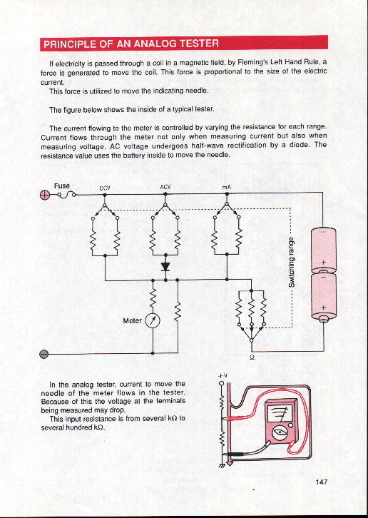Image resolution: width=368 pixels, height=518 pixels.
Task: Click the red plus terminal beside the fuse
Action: point(45,195)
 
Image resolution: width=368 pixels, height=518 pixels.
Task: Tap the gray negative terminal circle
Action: point(44,354)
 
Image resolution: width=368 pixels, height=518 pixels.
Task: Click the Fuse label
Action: point(62,186)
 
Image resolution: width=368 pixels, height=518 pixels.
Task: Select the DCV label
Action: point(105,188)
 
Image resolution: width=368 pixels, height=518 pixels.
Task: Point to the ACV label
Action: point(165,187)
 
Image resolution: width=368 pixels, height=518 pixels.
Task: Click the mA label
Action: point(226,188)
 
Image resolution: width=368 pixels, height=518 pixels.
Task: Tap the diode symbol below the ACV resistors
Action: point(165,267)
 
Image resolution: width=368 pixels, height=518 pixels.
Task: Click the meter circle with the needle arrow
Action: point(153,320)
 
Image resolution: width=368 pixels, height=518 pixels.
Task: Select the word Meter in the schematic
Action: point(132,320)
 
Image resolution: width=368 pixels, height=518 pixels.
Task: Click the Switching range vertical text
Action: point(292,263)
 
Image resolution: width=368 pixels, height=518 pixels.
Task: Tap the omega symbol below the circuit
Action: point(252,357)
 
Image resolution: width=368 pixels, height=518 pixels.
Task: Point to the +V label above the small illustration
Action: point(223,375)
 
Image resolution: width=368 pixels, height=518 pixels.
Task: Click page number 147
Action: point(322,482)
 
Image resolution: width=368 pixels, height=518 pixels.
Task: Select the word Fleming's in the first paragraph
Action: point(253,62)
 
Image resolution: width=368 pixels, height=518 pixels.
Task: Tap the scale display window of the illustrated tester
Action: point(279,414)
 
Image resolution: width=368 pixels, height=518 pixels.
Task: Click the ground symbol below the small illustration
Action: point(222,466)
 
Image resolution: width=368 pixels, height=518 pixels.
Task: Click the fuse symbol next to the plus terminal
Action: point(66,195)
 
